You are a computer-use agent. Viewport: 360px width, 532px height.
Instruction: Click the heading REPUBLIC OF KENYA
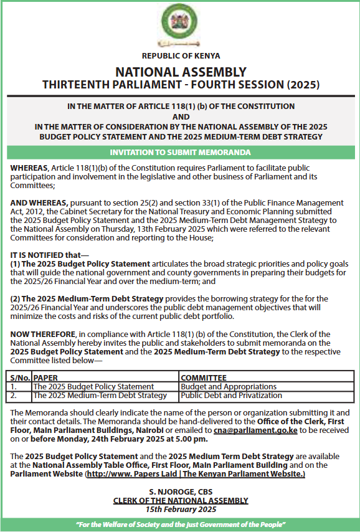click(181, 56)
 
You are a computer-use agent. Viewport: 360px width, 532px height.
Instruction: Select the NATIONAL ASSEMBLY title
click(181, 72)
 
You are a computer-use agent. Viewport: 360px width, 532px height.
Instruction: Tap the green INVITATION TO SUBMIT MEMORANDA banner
click(180, 152)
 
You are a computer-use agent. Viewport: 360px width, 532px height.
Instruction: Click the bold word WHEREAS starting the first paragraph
click(29, 168)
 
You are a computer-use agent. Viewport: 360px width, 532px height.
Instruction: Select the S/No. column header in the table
click(19, 378)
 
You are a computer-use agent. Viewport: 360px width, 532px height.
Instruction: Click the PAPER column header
click(45, 378)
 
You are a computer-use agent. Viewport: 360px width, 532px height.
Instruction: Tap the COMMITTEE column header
click(204, 378)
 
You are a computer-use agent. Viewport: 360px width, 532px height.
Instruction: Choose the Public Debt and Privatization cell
click(231, 396)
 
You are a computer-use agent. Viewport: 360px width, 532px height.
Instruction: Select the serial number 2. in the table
click(14, 396)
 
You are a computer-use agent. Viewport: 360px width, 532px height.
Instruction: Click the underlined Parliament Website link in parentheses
click(195, 474)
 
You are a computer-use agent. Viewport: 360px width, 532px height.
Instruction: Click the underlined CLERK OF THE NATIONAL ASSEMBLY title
click(180, 500)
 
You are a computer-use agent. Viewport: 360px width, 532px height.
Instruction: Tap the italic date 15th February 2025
click(180, 509)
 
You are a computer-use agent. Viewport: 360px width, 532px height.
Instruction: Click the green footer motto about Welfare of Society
click(180, 525)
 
